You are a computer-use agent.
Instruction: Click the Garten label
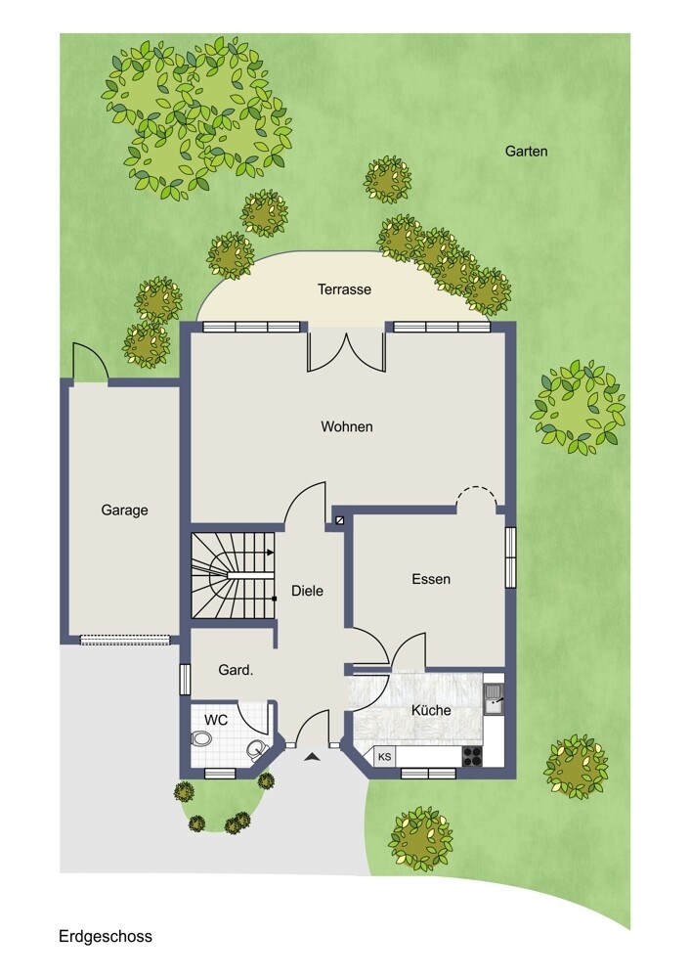[526, 151]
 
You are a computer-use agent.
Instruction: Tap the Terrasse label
[344, 289]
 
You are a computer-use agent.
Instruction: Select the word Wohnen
[347, 426]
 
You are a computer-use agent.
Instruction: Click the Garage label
[125, 511]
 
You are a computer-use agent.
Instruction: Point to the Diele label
[307, 591]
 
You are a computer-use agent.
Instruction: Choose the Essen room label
[431, 579]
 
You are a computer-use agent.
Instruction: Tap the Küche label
[431, 710]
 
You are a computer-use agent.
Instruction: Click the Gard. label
[236, 671]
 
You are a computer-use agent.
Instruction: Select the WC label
[216, 720]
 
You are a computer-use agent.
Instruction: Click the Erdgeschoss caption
[106, 936]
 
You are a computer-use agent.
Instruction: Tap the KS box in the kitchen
[384, 757]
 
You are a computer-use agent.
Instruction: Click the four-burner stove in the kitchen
[472, 756]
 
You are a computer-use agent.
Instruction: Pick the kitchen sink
[495, 697]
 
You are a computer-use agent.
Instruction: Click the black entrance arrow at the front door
[312, 757]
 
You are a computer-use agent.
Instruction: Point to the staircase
[234, 575]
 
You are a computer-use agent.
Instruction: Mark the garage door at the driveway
[125, 640]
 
